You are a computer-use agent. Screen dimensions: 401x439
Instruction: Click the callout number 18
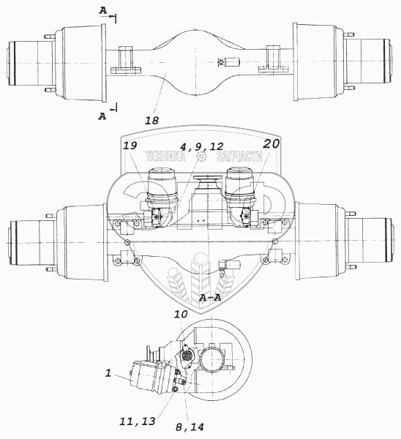(151, 121)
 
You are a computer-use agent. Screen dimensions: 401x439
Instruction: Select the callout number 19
(130, 146)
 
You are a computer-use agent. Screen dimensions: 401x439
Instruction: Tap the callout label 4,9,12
(202, 146)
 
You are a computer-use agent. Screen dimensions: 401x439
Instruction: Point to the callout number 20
(271, 144)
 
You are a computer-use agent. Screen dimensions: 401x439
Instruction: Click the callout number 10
(181, 314)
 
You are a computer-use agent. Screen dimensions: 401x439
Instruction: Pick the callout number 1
(108, 373)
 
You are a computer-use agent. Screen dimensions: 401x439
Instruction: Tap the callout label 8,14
(190, 427)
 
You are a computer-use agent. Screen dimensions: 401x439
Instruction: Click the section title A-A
(210, 298)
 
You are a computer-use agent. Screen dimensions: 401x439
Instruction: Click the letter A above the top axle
(103, 11)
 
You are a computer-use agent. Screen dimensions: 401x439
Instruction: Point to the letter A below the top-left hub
(102, 116)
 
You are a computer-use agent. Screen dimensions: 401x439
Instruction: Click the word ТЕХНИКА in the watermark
(165, 157)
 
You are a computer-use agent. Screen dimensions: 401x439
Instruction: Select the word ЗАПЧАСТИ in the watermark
(239, 157)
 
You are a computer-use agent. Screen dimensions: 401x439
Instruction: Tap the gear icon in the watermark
(201, 157)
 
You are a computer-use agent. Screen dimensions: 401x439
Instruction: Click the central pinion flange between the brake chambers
(208, 182)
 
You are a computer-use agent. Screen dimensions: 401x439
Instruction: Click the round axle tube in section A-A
(211, 359)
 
